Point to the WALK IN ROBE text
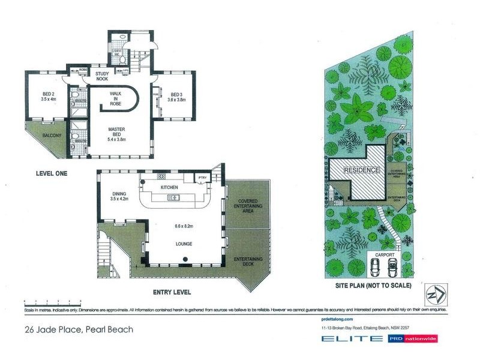[x=116, y=98]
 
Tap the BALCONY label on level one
[x=52, y=136]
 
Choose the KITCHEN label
[x=170, y=188]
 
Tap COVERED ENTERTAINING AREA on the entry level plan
[x=248, y=205]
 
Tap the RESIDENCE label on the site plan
[x=362, y=170]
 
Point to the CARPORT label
[x=385, y=255]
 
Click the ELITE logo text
[x=352, y=339]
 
